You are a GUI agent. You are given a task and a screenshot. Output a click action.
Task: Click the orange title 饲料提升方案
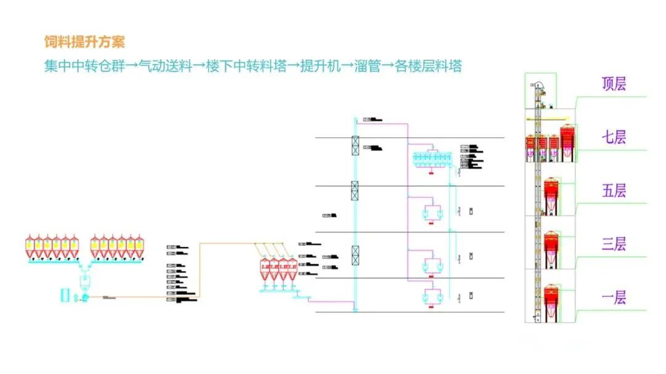tap(84, 42)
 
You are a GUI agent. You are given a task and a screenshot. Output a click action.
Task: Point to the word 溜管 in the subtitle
tap(368, 66)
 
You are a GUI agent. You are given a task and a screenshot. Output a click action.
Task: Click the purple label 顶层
tap(614, 84)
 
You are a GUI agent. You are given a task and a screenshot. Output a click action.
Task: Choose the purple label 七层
tap(614, 137)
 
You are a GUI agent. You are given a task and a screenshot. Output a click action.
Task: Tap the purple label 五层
tap(614, 190)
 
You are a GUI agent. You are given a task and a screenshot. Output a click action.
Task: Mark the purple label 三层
tap(614, 244)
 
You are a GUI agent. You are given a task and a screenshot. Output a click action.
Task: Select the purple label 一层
tap(614, 298)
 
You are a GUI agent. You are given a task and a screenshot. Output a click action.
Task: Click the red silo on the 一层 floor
tap(551, 297)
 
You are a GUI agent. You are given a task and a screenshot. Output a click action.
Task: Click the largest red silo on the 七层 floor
tap(567, 140)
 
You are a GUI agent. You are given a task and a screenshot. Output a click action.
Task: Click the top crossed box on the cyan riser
tap(355, 145)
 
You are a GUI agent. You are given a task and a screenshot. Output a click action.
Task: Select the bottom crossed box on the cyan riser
tap(355, 255)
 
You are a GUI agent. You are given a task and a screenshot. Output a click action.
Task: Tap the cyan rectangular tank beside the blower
tap(65, 295)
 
